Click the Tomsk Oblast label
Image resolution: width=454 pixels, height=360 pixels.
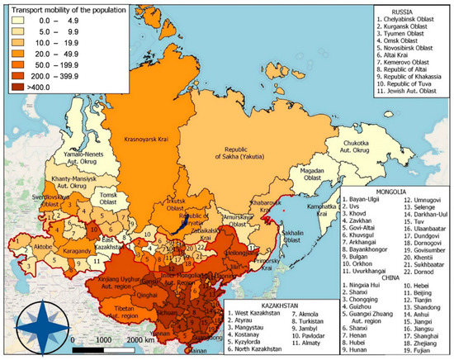101,198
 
